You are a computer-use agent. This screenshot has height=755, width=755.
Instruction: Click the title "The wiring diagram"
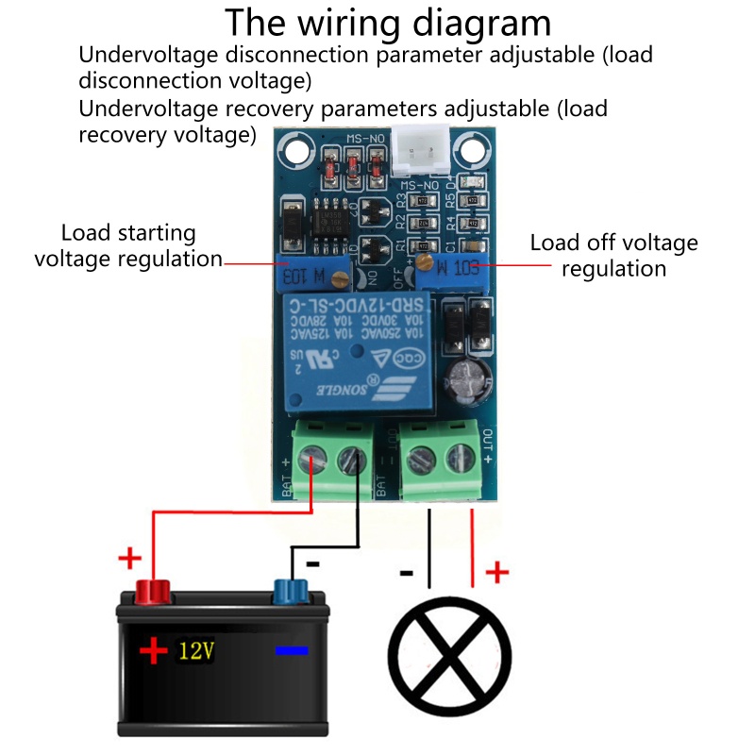(387, 23)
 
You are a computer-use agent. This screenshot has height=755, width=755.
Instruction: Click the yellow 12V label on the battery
(195, 650)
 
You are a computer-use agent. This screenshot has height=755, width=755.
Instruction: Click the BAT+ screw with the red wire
(312, 461)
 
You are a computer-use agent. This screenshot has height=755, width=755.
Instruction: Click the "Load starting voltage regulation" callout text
(127, 245)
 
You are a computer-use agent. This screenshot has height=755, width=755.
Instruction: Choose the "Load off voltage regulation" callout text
(613, 255)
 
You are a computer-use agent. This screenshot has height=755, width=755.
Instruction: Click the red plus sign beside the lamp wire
(496, 572)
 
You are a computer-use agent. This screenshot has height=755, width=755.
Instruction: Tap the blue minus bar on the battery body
(292, 650)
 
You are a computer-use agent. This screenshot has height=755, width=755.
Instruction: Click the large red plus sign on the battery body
(152, 650)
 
